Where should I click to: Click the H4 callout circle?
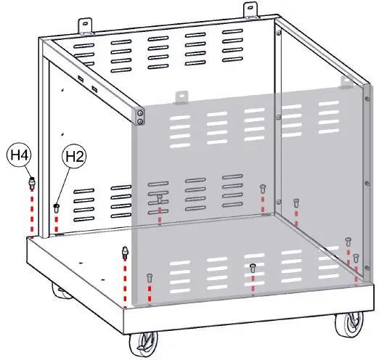click(x=19, y=155)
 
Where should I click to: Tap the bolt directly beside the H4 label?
click(x=31, y=182)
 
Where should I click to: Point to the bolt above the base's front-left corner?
click(x=125, y=253)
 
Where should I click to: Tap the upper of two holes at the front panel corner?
click(x=140, y=112)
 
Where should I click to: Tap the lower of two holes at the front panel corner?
click(x=140, y=122)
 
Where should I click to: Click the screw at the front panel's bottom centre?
click(x=252, y=268)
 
